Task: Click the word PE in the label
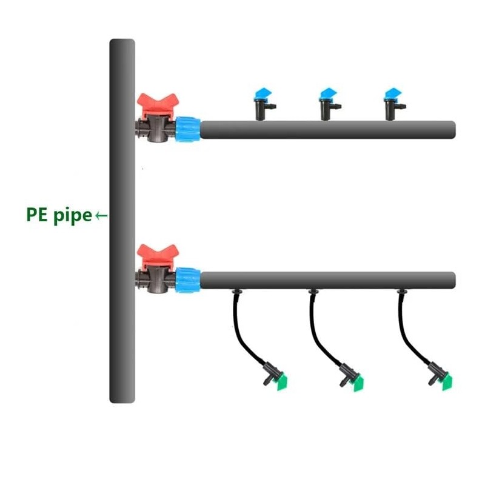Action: point(37,215)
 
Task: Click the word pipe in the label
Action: point(72,216)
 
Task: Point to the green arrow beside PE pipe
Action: point(102,215)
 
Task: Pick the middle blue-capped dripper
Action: point(328,102)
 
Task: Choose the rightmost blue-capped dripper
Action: point(393,102)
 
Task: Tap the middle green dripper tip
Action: point(358,383)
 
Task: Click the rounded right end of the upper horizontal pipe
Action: point(451,130)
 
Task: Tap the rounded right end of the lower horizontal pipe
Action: point(451,281)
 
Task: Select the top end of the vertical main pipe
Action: point(122,44)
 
